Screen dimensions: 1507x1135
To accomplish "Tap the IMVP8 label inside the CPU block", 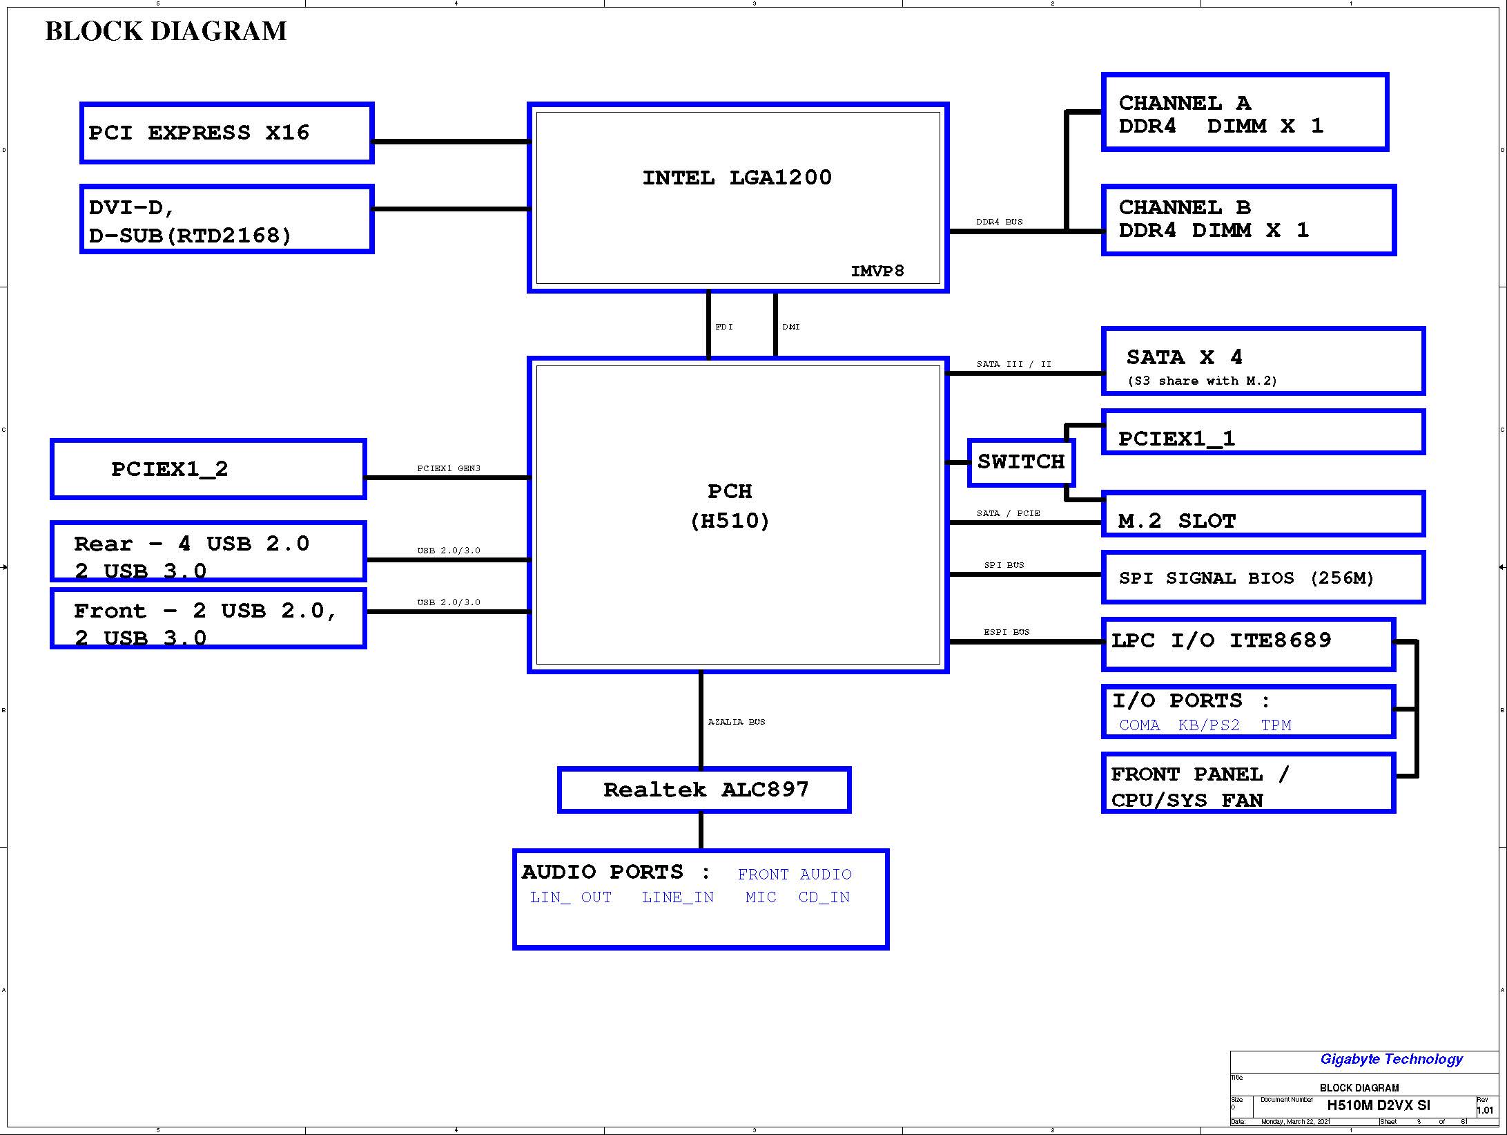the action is [x=877, y=271].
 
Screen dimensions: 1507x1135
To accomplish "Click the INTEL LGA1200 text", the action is [x=737, y=178].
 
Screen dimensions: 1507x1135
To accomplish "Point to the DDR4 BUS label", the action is [x=999, y=222].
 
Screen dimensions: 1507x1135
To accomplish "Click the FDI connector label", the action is [x=724, y=327].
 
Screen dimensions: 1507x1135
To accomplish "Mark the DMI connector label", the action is [x=791, y=327].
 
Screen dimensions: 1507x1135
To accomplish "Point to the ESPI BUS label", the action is [x=1007, y=632].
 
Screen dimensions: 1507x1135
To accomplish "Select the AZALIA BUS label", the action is [x=737, y=722].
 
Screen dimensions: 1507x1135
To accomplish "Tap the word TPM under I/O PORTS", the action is [x=1276, y=725].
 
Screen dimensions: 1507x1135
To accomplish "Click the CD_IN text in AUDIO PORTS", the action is [x=824, y=897].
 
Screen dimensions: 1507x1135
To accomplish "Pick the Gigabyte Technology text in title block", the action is [x=1391, y=1059].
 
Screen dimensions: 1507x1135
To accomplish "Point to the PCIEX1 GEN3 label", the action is [x=449, y=468].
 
